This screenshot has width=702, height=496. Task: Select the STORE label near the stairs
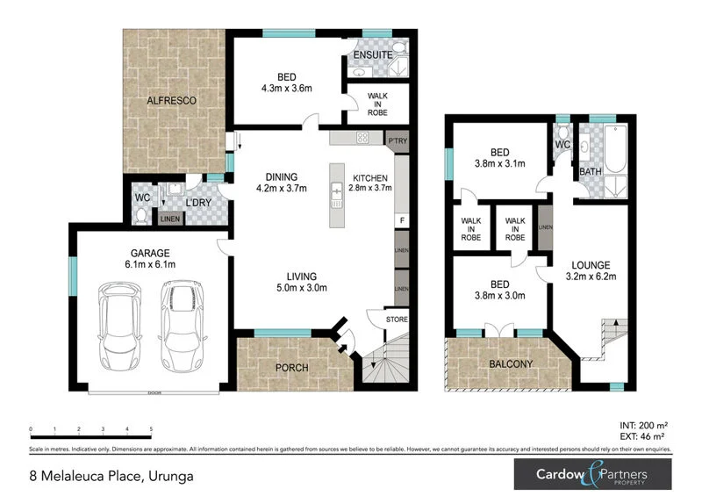point(397,320)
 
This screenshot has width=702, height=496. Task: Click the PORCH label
point(291,367)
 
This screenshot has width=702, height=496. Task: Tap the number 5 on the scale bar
point(152,429)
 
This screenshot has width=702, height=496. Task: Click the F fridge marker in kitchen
point(400,219)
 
